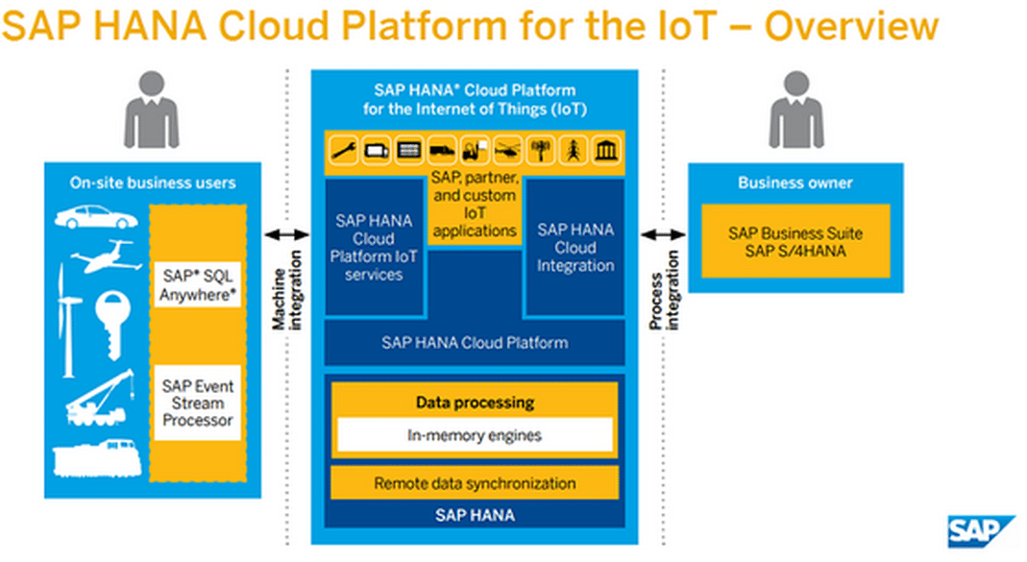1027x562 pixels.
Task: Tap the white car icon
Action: point(95,217)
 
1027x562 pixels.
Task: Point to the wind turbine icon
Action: point(65,317)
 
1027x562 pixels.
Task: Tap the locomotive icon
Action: point(97,459)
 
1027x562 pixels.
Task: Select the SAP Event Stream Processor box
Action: point(197,403)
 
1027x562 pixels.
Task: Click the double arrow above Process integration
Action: point(664,234)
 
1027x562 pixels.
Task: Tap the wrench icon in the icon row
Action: point(345,150)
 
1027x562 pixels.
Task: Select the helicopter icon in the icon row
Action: point(508,150)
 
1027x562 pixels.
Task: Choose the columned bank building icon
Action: point(606,150)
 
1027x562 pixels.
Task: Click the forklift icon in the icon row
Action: point(476,150)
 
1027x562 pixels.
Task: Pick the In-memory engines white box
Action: point(473,435)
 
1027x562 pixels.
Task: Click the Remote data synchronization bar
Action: point(475,483)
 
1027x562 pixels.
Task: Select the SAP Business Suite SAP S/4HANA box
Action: point(795,241)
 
